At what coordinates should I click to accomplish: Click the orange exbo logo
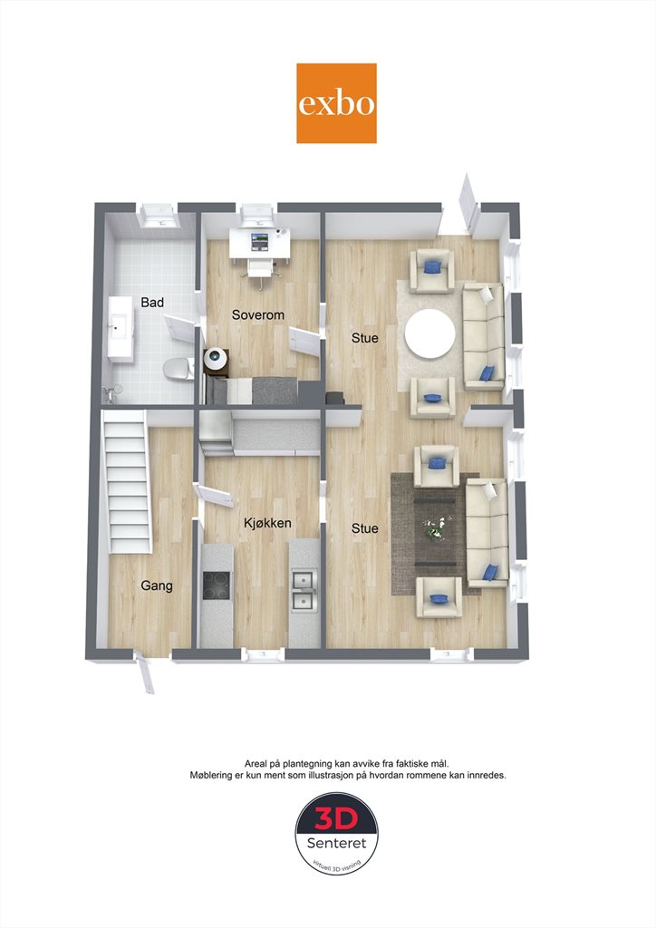pyautogui.click(x=336, y=103)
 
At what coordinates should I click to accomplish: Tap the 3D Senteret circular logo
pyautogui.click(x=336, y=834)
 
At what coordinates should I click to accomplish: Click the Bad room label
pyautogui.click(x=152, y=303)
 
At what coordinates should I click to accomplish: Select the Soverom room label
pyautogui.click(x=258, y=314)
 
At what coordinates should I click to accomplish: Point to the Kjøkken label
pyautogui.click(x=267, y=523)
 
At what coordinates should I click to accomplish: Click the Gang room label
pyautogui.click(x=157, y=586)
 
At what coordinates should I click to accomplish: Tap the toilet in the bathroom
pyautogui.click(x=178, y=369)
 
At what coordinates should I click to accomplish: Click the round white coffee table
pyautogui.click(x=430, y=333)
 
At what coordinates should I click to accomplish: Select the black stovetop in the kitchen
pyautogui.click(x=216, y=585)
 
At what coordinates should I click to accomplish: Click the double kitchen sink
pyautogui.click(x=304, y=590)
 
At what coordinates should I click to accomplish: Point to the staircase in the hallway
pyautogui.click(x=127, y=482)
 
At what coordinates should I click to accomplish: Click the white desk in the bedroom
pyautogui.click(x=260, y=243)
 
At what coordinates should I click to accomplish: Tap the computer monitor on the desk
pyautogui.click(x=259, y=240)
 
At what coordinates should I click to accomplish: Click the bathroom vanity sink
pyautogui.click(x=121, y=329)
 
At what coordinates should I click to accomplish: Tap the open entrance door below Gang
pyautogui.click(x=146, y=672)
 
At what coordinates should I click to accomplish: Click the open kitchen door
pyautogui.click(x=213, y=496)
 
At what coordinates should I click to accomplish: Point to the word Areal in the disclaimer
pyautogui.click(x=255, y=764)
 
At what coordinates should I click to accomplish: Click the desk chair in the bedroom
pyautogui.click(x=261, y=270)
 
